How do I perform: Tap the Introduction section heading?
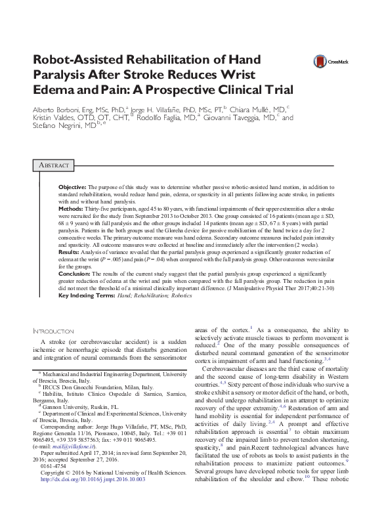coord(54,332)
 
